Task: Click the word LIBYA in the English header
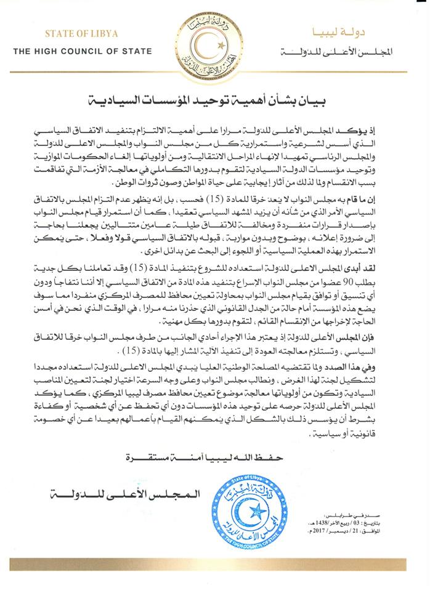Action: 104,34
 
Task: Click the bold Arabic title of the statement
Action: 214,98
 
